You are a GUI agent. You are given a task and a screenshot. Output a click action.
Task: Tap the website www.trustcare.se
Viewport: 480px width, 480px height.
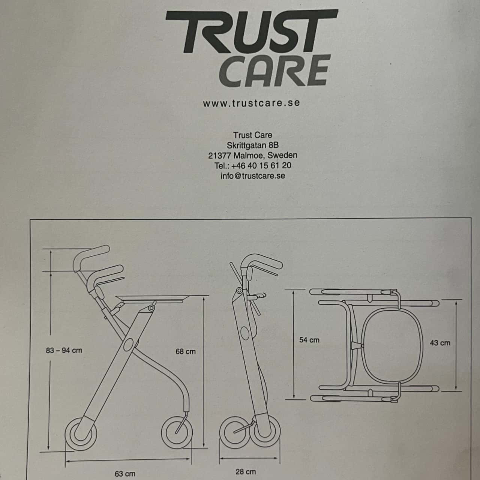coord(252,103)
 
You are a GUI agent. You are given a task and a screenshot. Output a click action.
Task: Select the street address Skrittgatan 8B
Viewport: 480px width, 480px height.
coord(252,145)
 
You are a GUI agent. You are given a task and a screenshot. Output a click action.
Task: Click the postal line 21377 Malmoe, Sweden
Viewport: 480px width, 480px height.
coord(252,155)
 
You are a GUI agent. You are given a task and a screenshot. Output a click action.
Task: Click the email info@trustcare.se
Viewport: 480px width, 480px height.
coord(253,175)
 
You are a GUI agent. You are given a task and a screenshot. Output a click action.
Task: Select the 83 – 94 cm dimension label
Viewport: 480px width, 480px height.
coord(64,351)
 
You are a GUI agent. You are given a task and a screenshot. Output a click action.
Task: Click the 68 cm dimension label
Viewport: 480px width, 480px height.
coord(185,351)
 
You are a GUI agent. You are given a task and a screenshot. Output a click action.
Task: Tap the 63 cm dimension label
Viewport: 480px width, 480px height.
coord(125,474)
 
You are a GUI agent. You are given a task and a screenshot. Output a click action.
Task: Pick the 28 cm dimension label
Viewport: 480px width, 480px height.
coord(245,471)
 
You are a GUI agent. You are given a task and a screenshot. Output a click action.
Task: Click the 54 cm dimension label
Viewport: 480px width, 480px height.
coord(309,340)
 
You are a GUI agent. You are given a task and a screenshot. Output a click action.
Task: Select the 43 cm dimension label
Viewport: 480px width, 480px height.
coord(440,342)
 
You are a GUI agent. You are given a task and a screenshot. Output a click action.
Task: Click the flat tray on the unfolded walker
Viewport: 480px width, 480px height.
coord(152,298)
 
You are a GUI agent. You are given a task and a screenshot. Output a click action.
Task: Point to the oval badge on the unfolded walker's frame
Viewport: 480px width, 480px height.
coord(128,344)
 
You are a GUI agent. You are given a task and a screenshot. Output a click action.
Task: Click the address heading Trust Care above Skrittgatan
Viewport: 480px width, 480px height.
coord(252,135)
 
